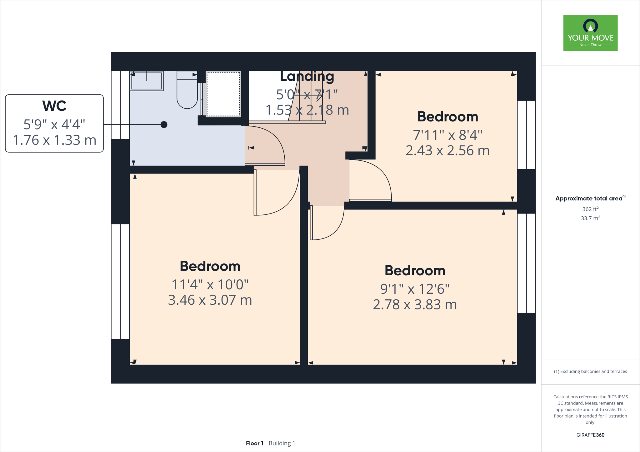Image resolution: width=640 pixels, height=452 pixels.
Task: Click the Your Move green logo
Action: click(x=590, y=33)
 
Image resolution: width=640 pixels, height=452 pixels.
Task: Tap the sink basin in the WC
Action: click(x=147, y=81)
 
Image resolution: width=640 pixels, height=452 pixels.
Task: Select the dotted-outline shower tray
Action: click(x=223, y=94)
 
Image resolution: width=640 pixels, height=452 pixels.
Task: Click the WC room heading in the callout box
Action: click(x=54, y=106)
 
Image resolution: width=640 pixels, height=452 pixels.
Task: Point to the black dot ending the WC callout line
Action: click(x=164, y=125)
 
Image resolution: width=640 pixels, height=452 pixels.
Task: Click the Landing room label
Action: click(x=307, y=76)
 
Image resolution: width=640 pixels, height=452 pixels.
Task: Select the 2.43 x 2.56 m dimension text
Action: click(x=447, y=150)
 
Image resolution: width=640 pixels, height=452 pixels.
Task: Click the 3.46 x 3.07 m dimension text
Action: click(x=210, y=300)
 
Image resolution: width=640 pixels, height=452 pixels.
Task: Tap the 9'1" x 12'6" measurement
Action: click(x=415, y=289)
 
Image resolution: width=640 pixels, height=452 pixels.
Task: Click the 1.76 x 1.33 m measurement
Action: click(x=54, y=140)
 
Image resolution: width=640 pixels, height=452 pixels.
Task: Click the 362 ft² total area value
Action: click(x=590, y=209)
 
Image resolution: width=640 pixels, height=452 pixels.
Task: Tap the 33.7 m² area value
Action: click(x=590, y=218)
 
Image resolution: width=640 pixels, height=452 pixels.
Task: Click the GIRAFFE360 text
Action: click(x=590, y=435)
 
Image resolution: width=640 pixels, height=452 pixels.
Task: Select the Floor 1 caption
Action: click(x=254, y=443)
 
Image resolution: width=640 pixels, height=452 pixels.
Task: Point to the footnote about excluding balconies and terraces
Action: click(x=590, y=371)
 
